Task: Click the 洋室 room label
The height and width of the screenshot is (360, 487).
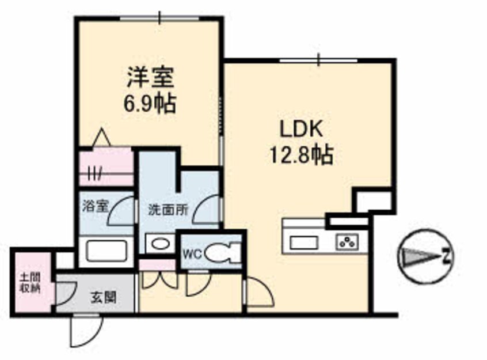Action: (150, 77)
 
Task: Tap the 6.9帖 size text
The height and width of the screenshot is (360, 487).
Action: (150, 103)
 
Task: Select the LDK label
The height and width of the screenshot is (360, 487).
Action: (301, 129)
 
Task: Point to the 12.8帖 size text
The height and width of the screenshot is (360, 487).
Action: (301, 154)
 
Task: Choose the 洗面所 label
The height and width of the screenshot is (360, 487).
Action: (168, 210)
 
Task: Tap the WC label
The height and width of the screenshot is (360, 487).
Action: (192, 254)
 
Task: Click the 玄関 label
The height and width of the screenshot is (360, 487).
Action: (104, 298)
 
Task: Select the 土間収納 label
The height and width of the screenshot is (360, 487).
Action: (30, 282)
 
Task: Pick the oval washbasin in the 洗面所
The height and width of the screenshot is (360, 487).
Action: (161, 243)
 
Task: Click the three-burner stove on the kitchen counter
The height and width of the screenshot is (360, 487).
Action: (347, 241)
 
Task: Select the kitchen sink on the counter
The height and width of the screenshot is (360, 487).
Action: (304, 242)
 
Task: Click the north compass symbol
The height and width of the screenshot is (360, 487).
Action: (425, 256)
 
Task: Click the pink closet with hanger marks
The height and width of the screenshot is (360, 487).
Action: (106, 167)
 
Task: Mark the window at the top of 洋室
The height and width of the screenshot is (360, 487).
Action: (159, 18)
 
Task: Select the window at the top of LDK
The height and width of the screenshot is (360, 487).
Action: (319, 60)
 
